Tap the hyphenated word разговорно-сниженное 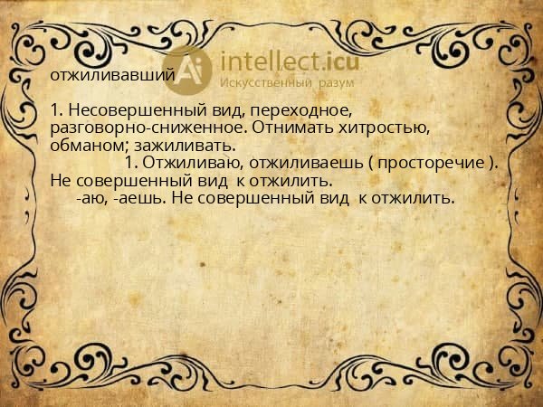pyautogui.click(x=149, y=128)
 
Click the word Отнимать pyautogui.click(x=290, y=128)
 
